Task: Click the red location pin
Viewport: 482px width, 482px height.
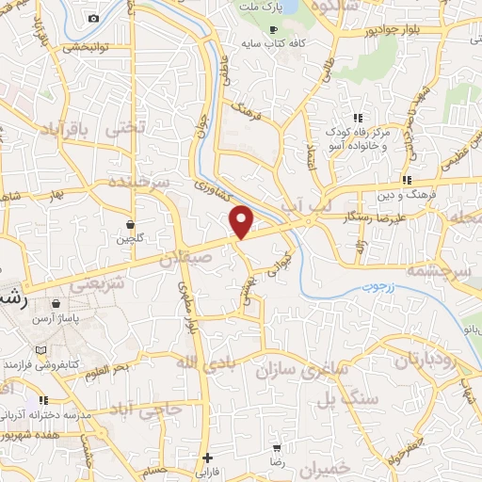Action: (242, 221)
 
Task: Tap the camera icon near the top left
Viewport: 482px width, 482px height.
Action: (92, 19)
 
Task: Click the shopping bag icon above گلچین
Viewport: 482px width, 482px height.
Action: (130, 224)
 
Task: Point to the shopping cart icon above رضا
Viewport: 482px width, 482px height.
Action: (276, 448)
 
